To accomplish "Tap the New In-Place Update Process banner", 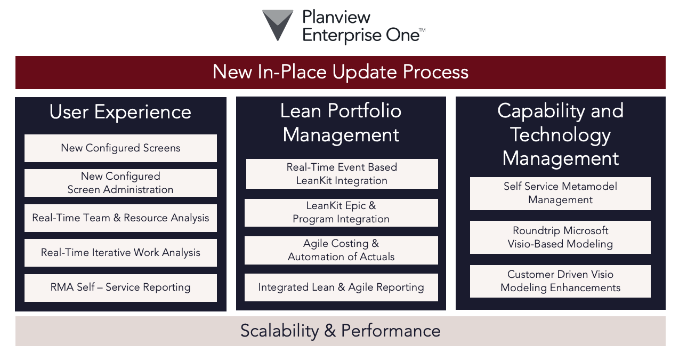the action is click(341, 72).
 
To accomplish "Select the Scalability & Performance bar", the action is click(341, 331).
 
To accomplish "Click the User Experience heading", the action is click(120, 112).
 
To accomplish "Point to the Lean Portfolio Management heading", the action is click(341, 123).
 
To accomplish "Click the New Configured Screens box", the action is click(120, 148).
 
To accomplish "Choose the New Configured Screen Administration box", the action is click(120, 183).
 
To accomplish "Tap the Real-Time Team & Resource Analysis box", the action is click(120, 218).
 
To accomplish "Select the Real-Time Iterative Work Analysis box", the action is click(120, 253).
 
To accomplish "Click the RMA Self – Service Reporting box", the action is click(120, 287).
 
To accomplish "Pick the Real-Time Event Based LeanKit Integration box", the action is click(342, 174).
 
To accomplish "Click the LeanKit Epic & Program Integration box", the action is click(341, 213).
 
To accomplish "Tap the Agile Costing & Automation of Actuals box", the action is click(341, 250).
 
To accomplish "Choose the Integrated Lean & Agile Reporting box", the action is click(341, 287).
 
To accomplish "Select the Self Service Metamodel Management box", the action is click(560, 194).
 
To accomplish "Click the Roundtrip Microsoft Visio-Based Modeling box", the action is click(560, 237).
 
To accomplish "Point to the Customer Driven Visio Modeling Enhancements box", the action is click(560, 281).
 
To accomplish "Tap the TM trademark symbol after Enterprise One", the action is click(422, 30).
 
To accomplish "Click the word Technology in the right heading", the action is click(560, 135).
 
